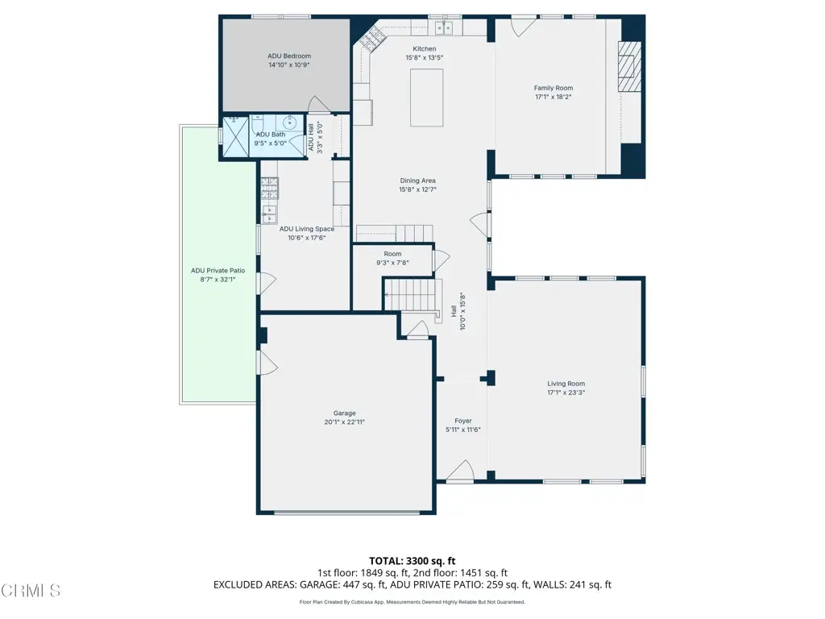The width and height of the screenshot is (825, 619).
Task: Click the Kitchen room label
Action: [424, 49]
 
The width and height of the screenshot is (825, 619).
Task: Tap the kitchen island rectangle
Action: [426, 98]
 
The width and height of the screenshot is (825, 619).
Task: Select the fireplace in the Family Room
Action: [629, 66]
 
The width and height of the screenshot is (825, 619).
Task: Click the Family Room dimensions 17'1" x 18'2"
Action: [553, 97]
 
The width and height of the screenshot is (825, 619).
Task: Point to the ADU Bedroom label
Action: [289, 56]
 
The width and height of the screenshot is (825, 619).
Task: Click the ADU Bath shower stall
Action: [234, 137]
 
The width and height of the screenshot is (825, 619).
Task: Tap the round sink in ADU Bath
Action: [290, 123]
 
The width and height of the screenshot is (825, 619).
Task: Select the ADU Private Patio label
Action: [218, 271]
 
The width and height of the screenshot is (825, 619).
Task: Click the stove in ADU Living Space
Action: [269, 189]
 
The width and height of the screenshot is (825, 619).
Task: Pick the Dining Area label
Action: [418, 181]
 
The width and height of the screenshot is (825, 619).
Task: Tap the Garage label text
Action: [345, 413]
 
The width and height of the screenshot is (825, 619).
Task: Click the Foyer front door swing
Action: [460, 471]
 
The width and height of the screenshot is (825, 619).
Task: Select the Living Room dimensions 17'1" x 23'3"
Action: [566, 393]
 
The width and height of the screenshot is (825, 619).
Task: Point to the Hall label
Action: [453, 311]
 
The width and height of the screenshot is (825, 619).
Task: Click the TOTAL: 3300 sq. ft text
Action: [412, 561]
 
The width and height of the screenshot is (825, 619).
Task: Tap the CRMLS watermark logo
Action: [31, 591]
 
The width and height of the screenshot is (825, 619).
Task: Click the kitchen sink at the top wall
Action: [445, 27]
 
